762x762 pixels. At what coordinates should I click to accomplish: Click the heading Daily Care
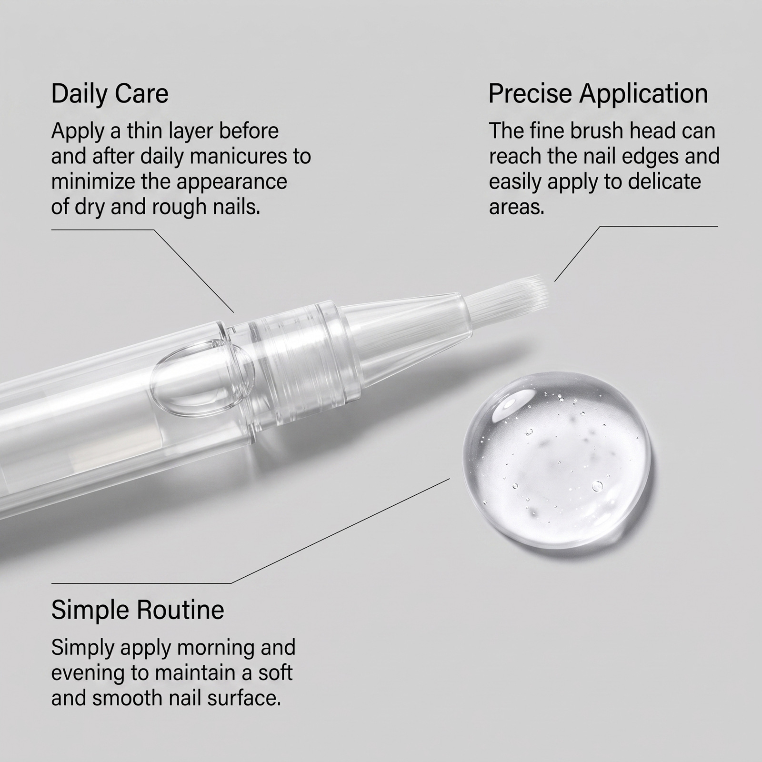tap(110, 94)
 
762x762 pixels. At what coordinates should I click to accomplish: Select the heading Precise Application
tap(598, 94)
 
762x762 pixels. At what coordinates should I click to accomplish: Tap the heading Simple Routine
tap(138, 610)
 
